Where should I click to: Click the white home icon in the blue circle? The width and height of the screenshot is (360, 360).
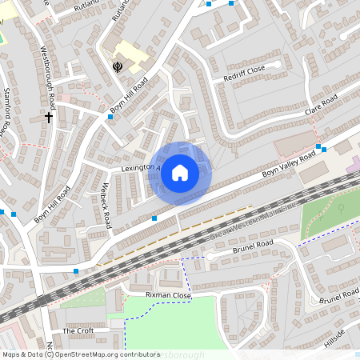point(180,173)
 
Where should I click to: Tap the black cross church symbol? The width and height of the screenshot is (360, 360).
point(49,118)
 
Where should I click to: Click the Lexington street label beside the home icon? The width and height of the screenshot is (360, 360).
point(141,169)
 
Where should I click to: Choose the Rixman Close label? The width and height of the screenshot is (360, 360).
point(168,295)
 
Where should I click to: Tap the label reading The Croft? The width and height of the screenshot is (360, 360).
point(78,330)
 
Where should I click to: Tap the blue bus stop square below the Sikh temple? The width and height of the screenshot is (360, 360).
point(110,117)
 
